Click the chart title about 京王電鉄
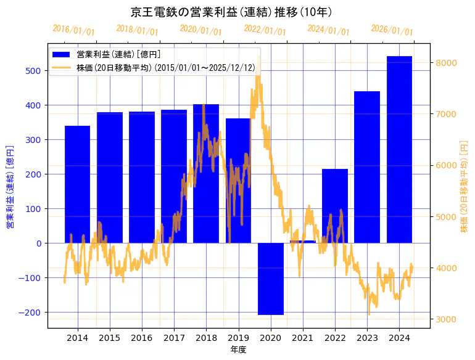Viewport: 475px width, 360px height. (x=231, y=12)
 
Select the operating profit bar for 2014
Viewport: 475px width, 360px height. (x=77, y=184)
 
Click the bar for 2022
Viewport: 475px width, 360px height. (x=335, y=206)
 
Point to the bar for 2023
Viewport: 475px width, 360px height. (x=367, y=167)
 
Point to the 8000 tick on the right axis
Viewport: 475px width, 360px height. (x=446, y=63)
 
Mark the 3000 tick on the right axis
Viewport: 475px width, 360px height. (x=446, y=319)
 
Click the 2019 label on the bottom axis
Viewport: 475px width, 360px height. (x=238, y=338)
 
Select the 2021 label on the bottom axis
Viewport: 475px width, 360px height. (x=303, y=338)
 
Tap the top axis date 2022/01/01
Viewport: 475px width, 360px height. (x=265, y=30)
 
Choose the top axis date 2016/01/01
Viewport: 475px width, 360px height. (x=73, y=30)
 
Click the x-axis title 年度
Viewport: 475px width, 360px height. (x=238, y=350)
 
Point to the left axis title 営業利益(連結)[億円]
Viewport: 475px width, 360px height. (x=10, y=187)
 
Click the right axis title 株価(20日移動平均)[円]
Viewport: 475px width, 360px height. (x=464, y=187)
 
